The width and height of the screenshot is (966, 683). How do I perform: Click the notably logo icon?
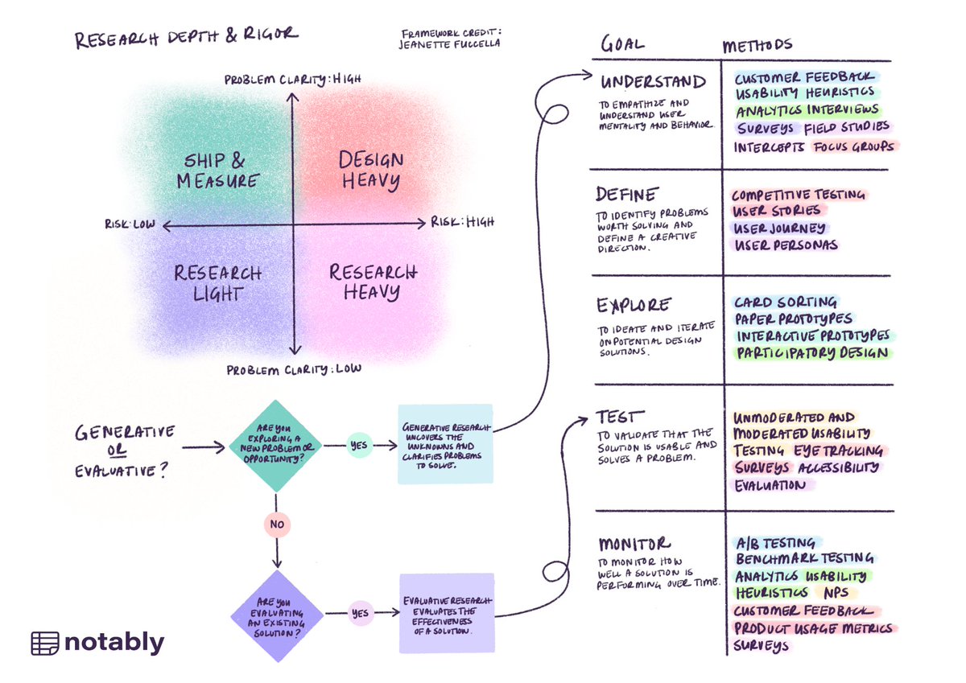tap(45, 643)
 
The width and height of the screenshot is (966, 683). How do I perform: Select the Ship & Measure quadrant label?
tap(217, 171)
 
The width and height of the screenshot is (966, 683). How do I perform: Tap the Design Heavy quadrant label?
tap(370, 171)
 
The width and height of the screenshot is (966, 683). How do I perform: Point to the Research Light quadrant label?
tap(218, 282)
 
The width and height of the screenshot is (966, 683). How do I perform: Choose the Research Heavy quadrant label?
tap(372, 282)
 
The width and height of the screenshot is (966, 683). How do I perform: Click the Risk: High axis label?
tap(462, 222)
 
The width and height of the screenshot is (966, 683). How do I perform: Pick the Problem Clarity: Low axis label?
tap(294, 370)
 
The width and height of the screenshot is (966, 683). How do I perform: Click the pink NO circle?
tap(276, 525)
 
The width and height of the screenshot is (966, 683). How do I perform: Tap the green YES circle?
tap(359, 444)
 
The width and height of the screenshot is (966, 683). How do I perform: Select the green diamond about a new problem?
tap(276, 445)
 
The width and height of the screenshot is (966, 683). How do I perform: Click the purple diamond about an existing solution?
tap(276, 616)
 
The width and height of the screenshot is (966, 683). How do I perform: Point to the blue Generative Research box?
tap(445, 444)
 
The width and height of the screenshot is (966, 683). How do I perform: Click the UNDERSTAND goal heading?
tap(653, 82)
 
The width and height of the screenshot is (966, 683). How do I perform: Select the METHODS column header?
tap(757, 45)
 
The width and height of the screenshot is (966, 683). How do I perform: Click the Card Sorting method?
tap(785, 302)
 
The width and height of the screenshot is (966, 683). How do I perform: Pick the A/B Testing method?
tap(775, 543)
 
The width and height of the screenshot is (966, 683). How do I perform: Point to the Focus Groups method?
tap(853, 147)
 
